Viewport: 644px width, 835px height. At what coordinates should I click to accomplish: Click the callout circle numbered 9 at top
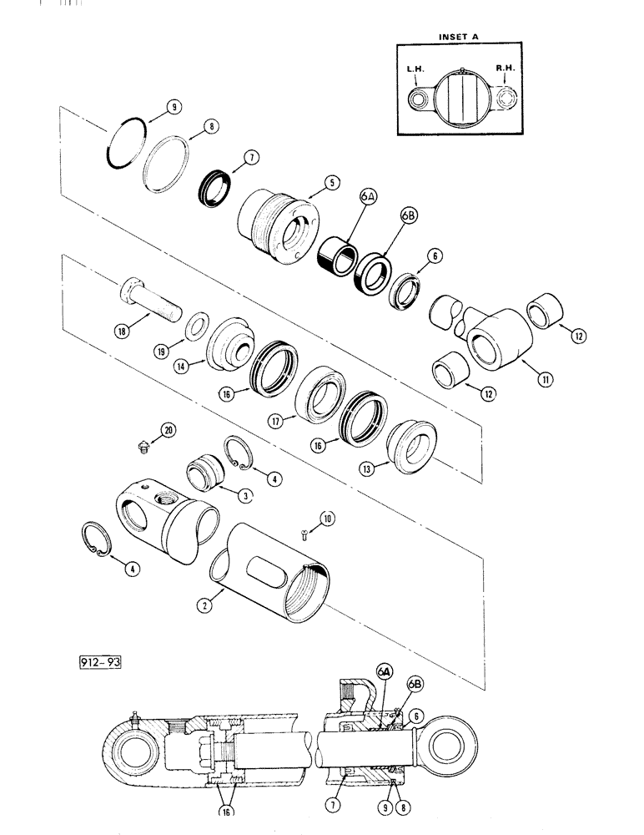(173, 107)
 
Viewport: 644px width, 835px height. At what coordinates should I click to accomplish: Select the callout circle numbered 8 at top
(212, 126)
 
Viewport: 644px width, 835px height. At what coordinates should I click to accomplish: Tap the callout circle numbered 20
(169, 429)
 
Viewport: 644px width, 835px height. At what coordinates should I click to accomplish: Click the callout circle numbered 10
(328, 519)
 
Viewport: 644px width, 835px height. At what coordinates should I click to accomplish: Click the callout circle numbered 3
(245, 495)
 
